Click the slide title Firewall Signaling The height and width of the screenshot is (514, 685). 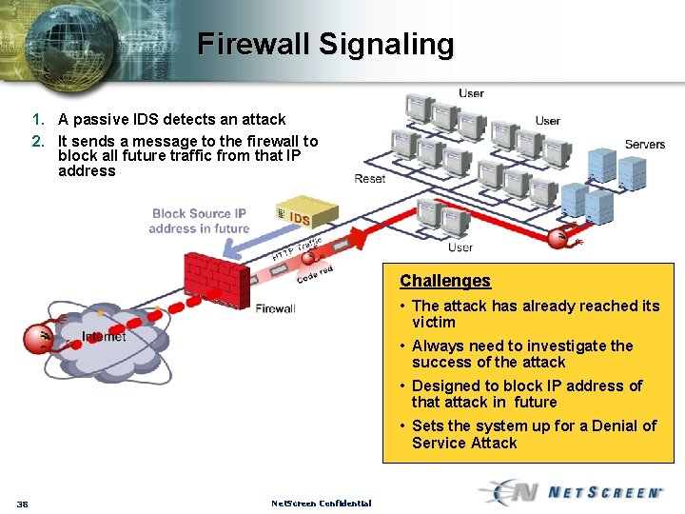[x=326, y=44]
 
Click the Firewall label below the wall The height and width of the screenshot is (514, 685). [x=275, y=308]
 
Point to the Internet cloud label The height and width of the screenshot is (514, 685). [x=104, y=336]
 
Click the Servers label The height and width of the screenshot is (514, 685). [x=644, y=145]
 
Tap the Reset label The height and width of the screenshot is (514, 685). [x=369, y=179]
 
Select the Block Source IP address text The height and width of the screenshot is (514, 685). [x=199, y=221]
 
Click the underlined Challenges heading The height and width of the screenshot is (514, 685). [x=444, y=281]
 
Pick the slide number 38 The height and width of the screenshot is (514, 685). [x=22, y=504]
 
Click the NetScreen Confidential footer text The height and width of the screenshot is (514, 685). [x=321, y=503]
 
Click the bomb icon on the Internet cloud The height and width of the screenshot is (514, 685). [x=39, y=338]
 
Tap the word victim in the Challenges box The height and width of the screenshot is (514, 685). [x=433, y=322]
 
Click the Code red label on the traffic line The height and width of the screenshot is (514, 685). [x=314, y=274]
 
